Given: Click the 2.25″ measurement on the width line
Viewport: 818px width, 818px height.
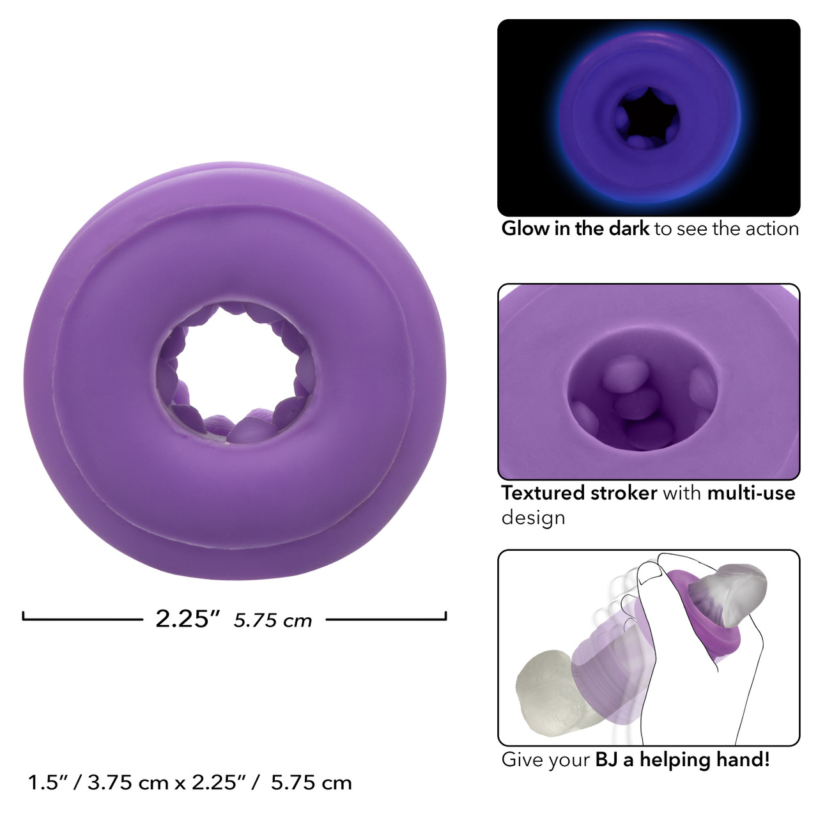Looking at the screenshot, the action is [188, 619].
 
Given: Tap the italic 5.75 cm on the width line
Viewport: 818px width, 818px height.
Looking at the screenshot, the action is [272, 621].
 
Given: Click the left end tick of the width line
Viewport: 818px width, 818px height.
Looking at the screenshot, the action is [24, 615].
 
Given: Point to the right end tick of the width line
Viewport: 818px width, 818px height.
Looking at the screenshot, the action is [445, 615].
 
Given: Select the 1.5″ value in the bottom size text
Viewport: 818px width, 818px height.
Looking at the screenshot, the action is [47, 783].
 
